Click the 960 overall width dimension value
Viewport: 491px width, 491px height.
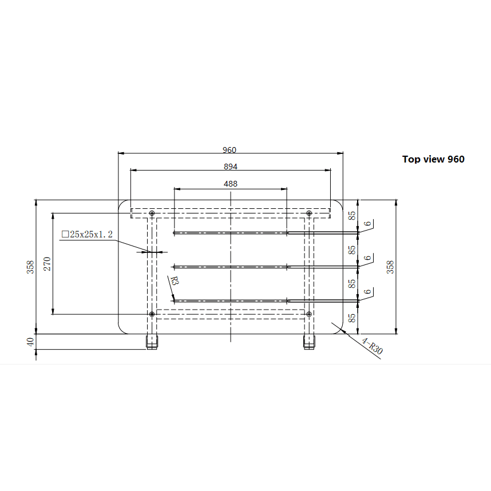tap(229, 150)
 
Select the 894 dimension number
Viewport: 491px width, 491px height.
tap(230, 167)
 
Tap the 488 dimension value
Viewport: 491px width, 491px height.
tap(230, 184)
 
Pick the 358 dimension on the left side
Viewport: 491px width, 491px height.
tap(31, 267)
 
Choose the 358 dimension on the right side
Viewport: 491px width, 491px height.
tap(391, 267)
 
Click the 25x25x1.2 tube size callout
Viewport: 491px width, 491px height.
tap(87, 234)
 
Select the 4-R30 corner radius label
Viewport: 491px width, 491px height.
tap(371, 347)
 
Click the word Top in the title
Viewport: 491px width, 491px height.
tap(411, 159)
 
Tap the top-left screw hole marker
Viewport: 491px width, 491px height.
tap(152, 213)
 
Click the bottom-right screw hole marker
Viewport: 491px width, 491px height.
tap(309, 314)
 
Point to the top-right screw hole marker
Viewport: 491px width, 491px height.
tap(309, 213)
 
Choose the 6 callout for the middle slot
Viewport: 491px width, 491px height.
tap(367, 258)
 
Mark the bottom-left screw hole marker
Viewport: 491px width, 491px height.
tap(152, 314)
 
